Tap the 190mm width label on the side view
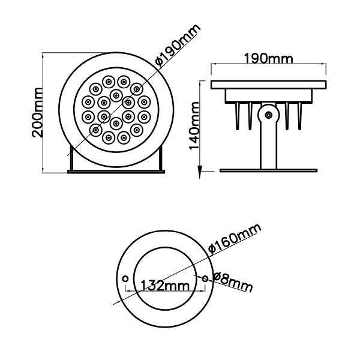[268, 59]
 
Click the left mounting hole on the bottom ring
[124, 278]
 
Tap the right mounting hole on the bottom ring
[206, 278]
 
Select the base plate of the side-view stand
[268, 170]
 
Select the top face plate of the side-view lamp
[268, 83]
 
